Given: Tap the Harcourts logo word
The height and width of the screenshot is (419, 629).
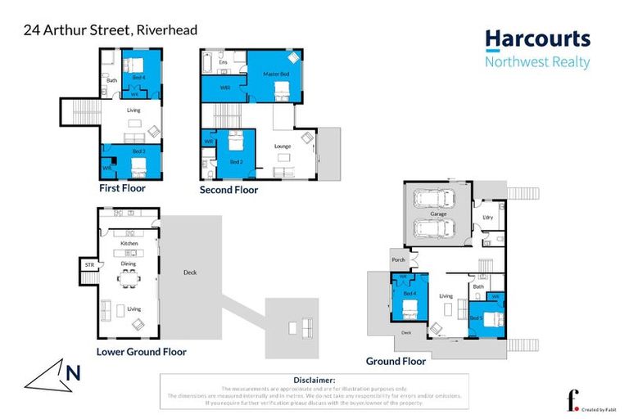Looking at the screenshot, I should [x=536, y=39].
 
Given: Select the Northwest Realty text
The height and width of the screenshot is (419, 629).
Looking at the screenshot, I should [x=536, y=63].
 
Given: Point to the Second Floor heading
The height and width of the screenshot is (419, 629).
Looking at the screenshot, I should [x=229, y=190].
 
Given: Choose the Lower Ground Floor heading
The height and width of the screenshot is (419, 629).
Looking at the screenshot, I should [x=141, y=352].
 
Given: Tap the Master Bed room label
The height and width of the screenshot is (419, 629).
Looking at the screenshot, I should [x=277, y=74].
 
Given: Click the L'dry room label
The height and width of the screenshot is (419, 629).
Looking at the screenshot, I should [x=488, y=217].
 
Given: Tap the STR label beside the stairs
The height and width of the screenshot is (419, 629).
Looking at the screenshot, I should [x=89, y=265].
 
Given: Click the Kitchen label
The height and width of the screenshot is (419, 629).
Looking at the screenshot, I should [x=129, y=244].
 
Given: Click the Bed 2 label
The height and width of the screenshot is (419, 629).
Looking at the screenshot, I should [x=236, y=162].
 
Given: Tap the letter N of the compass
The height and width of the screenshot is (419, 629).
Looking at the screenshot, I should [x=73, y=374].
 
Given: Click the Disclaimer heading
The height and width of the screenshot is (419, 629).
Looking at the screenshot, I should [x=314, y=381].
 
